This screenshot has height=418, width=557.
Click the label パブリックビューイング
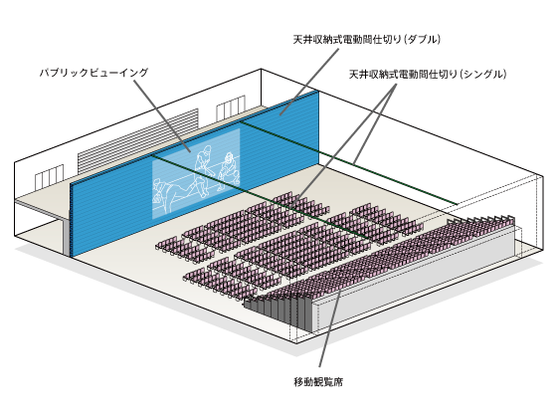(x=93, y=73)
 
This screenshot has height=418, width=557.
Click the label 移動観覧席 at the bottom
(x=318, y=382)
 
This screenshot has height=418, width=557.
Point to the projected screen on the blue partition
(x=196, y=173)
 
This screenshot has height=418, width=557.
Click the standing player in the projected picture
(x=202, y=170)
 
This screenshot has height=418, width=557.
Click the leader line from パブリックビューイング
(x=162, y=116)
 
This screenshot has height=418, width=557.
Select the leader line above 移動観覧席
(x=329, y=328)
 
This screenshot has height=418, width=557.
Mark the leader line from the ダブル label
(x=309, y=82)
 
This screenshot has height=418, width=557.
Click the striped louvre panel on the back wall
(x=138, y=142)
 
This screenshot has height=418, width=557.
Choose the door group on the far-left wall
(x=50, y=177)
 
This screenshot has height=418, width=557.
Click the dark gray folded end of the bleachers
(x=278, y=313)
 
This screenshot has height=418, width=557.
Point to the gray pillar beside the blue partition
(x=67, y=238)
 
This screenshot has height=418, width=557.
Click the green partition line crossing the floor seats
(x=261, y=196)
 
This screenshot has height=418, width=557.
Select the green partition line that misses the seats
(x=348, y=162)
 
